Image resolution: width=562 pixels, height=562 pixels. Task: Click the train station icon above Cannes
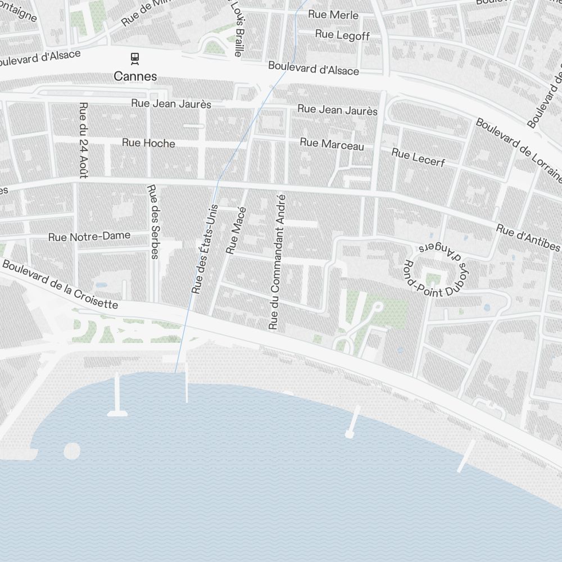pyautogui.click(x=135, y=57)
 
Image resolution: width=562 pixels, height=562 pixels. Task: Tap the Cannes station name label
pyautogui.click(x=135, y=76)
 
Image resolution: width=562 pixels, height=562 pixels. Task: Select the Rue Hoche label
pyautogui.click(x=148, y=143)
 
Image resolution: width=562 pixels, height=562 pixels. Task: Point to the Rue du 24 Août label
pyautogui.click(x=84, y=140)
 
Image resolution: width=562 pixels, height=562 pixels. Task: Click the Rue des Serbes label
pyautogui.click(x=153, y=221)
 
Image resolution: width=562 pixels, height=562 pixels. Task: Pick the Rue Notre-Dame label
pyautogui.click(x=89, y=237)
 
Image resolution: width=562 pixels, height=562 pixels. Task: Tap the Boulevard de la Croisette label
pyautogui.click(x=60, y=284)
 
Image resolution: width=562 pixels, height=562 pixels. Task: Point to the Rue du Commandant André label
pyautogui.click(x=278, y=262)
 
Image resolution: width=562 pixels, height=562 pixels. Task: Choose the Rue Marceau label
pyautogui.click(x=332, y=144)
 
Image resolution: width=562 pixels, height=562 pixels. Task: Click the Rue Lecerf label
pyautogui.click(x=418, y=157)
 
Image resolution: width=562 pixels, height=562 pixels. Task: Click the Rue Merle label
pyautogui.click(x=333, y=15)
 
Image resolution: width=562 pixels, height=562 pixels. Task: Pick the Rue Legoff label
pyautogui.click(x=342, y=35)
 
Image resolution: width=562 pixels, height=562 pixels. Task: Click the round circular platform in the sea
pyautogui.click(x=72, y=451)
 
